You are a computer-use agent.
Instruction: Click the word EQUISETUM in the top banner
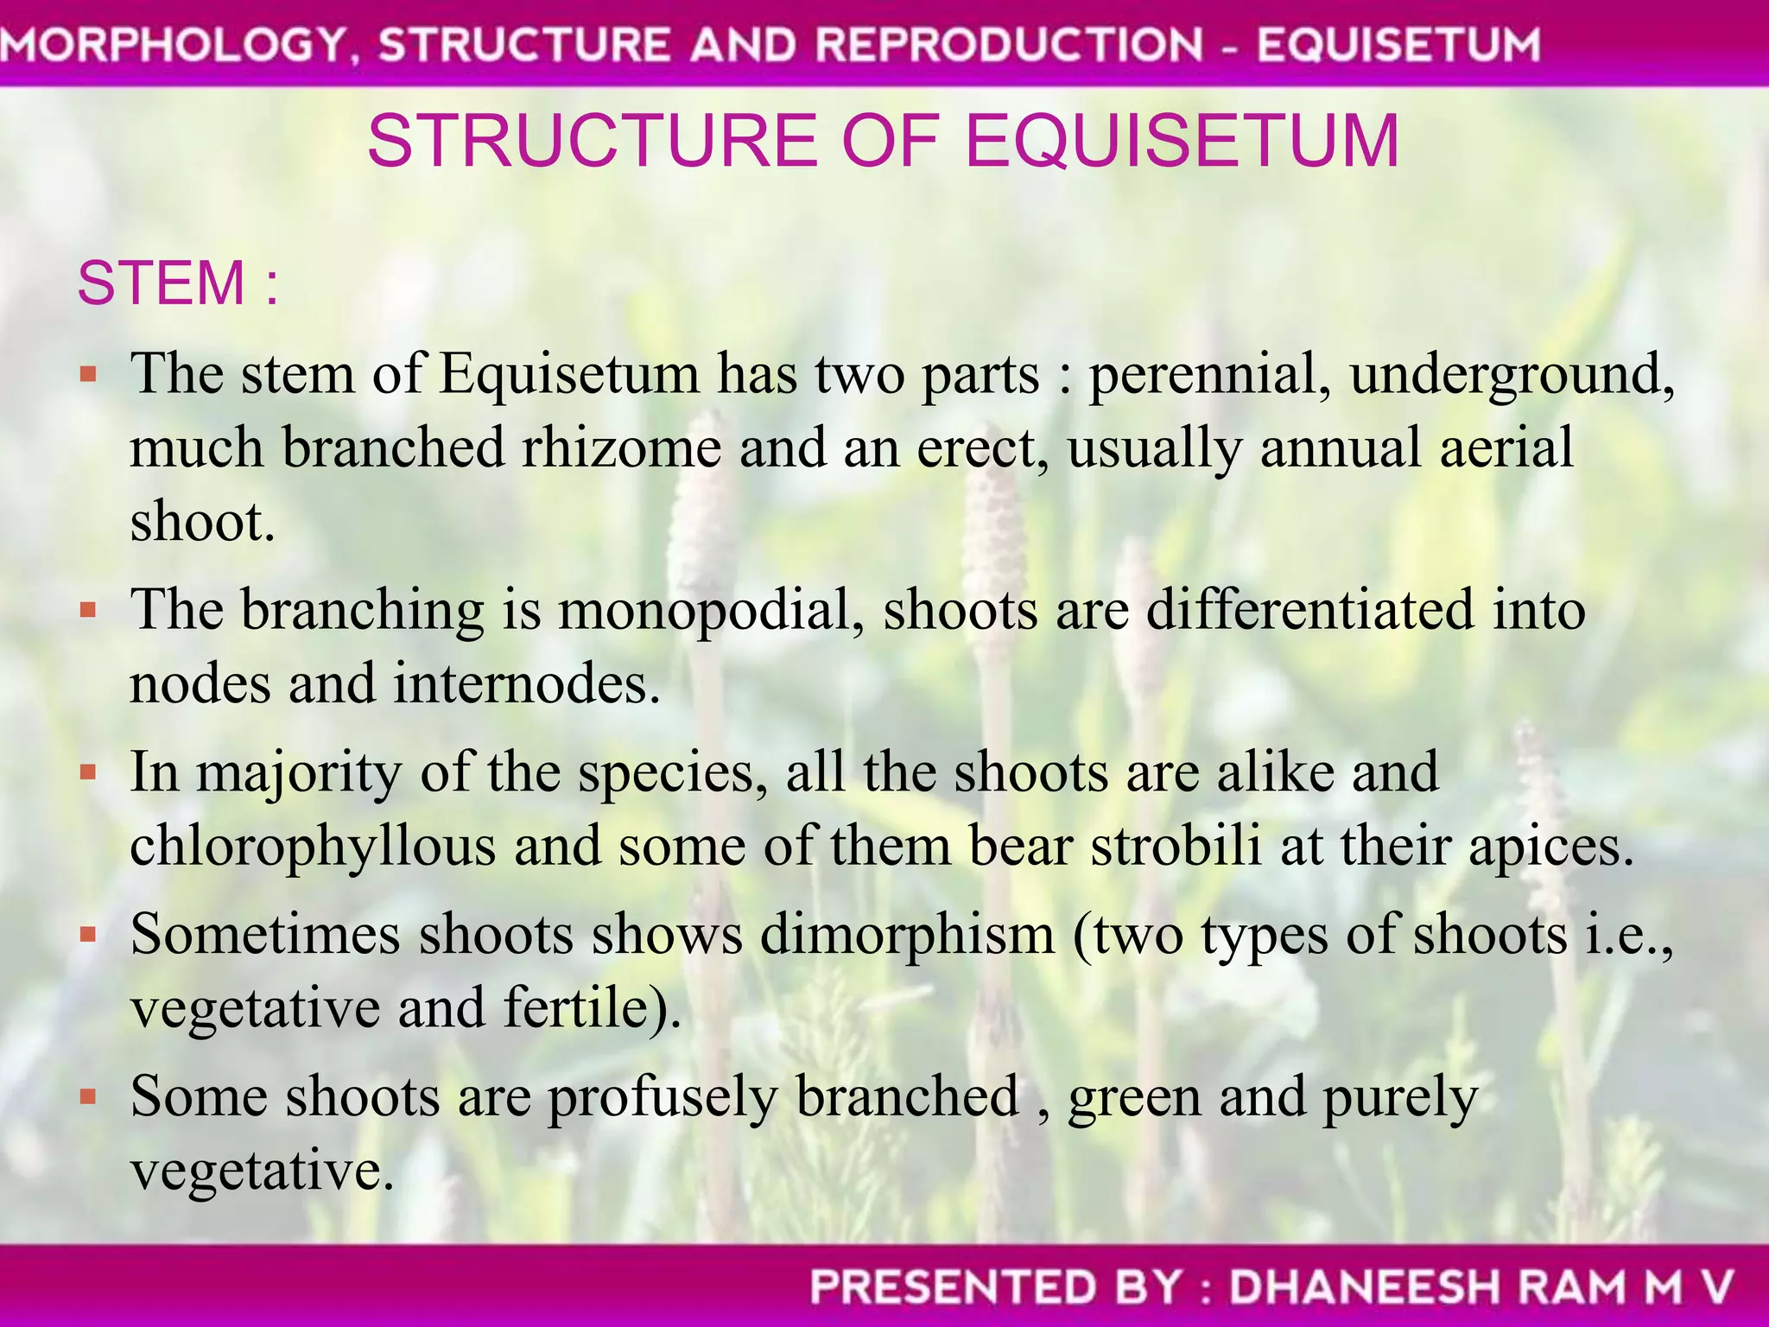coord(1398,45)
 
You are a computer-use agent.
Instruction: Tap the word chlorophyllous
coord(313,846)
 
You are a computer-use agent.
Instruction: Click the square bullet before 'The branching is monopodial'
coord(87,611)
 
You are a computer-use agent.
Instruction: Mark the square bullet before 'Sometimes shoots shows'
coord(87,935)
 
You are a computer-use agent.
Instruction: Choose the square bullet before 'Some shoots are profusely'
coord(87,1097)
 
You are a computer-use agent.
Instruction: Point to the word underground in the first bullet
coord(1512,376)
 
